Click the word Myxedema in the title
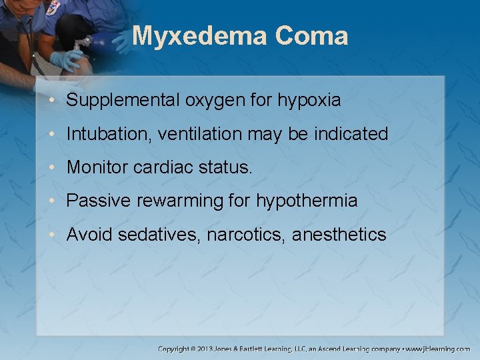click(x=199, y=36)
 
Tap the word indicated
click(x=350, y=134)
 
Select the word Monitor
click(x=97, y=167)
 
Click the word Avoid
click(x=87, y=234)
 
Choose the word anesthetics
click(x=339, y=235)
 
